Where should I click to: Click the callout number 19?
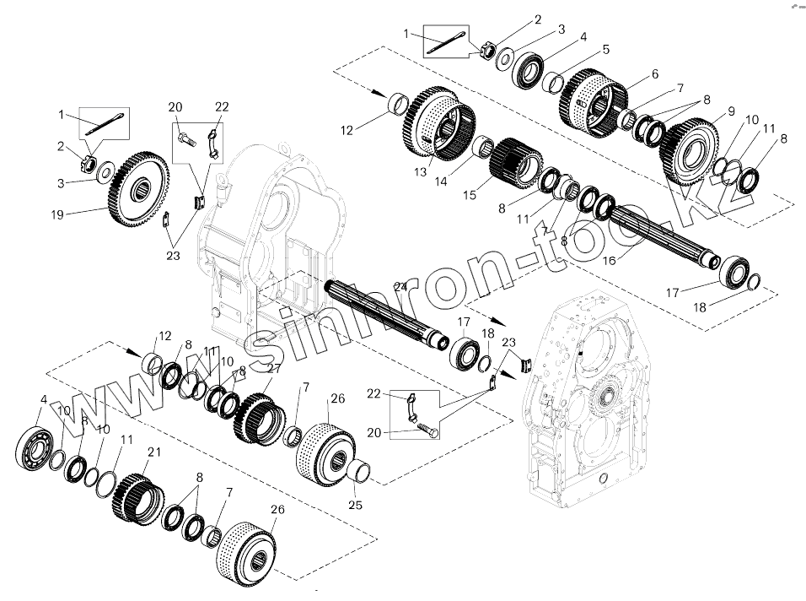(x=57, y=214)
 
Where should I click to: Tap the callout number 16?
(x=609, y=260)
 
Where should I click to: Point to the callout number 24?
(x=400, y=287)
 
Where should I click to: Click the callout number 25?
(x=355, y=505)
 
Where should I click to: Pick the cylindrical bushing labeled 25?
(x=359, y=471)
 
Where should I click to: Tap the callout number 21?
(x=154, y=452)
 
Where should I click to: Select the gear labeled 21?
(x=138, y=497)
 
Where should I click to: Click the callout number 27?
(x=275, y=368)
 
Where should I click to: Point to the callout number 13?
(x=421, y=172)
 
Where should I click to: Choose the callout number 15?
(x=470, y=195)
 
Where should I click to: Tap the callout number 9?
(x=731, y=111)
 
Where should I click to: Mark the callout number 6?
(x=655, y=73)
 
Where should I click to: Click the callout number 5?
(x=606, y=50)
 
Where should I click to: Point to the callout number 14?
(x=441, y=181)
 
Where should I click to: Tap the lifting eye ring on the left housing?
(x=222, y=180)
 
